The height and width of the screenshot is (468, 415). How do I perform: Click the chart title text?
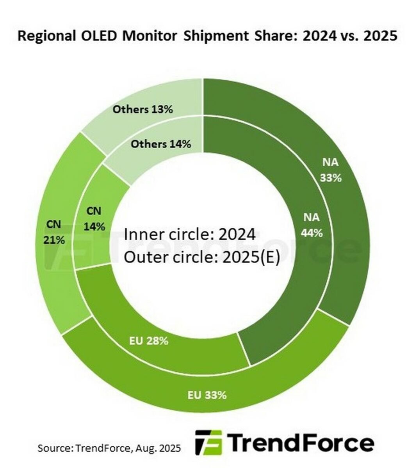point(207,36)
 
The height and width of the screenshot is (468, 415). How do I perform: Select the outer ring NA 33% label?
point(331,170)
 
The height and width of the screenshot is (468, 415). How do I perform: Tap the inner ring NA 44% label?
point(311,225)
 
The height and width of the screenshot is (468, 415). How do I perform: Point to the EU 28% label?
point(149,340)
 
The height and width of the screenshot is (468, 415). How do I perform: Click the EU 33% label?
point(207,395)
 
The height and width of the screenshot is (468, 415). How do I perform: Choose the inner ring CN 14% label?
point(94,218)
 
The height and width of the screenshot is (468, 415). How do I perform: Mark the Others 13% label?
point(142,109)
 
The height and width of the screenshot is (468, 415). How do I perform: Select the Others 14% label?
point(160,144)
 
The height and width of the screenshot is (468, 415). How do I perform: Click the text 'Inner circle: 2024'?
point(190,235)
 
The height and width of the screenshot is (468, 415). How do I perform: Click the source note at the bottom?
point(109,448)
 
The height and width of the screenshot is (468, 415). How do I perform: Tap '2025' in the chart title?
point(379,36)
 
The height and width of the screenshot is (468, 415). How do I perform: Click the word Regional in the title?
point(46,36)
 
